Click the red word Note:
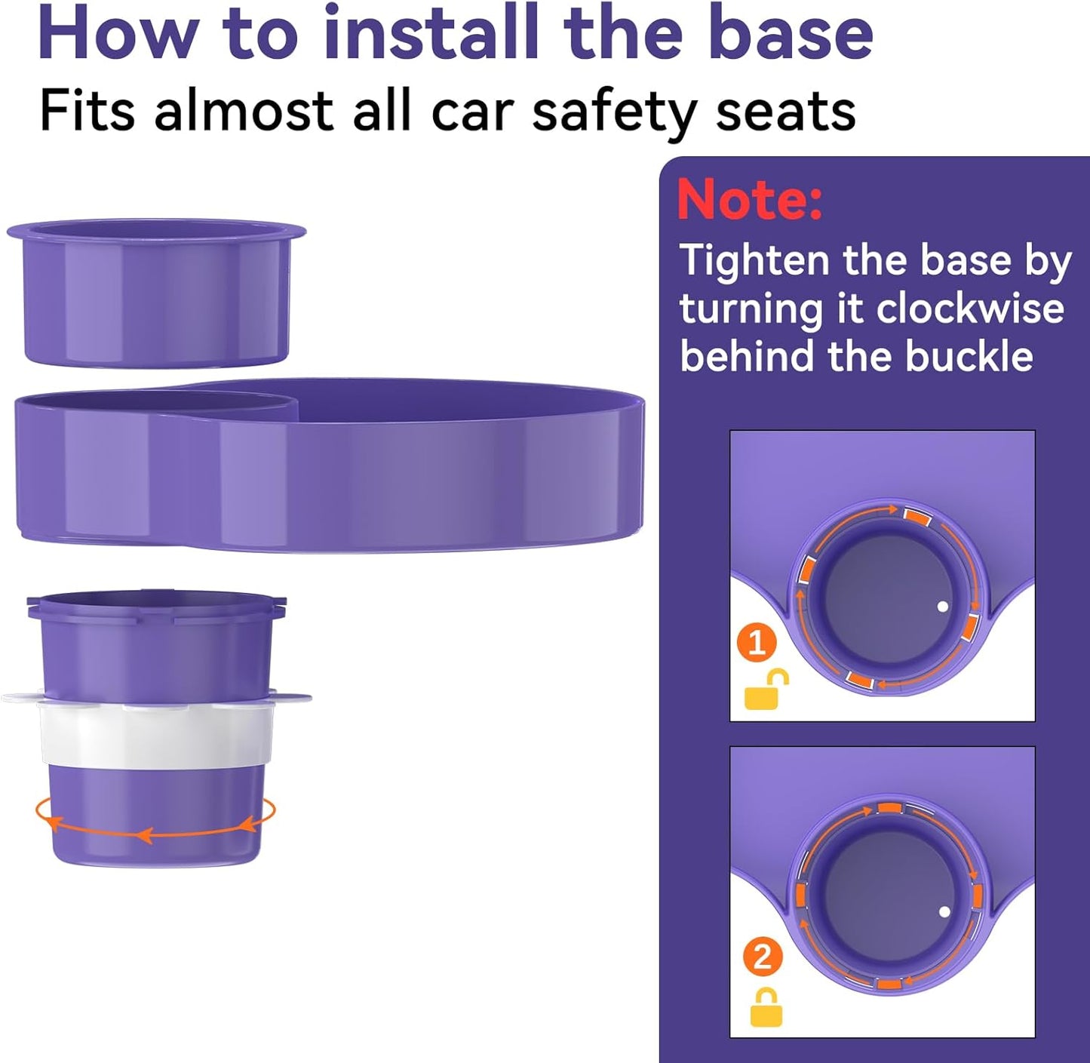pyautogui.click(x=750, y=199)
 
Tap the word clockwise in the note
pyautogui.click(x=969, y=309)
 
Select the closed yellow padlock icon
pyautogui.click(x=766, y=1008)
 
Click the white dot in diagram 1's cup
pyautogui.click(x=943, y=606)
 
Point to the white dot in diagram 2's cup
pyautogui.click(x=944, y=912)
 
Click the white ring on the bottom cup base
pyautogui.click(x=156, y=729)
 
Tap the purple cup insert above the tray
pyautogui.click(x=157, y=293)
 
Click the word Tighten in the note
pyautogui.click(x=755, y=262)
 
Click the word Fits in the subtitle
pyautogui.click(x=88, y=111)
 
